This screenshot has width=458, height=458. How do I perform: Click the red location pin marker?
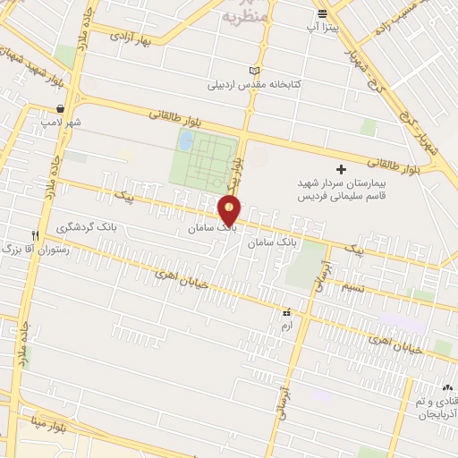coord(230,209)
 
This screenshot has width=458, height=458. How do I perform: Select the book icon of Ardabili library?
coord(255,71)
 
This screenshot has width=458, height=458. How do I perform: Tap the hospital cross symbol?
coord(340,169)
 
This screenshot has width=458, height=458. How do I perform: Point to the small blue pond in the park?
coord(185,140)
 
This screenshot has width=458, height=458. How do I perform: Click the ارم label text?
coord(286,328)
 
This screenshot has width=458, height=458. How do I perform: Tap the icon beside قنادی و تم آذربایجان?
coord(447,387)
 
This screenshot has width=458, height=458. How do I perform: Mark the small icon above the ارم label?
coord(286,313)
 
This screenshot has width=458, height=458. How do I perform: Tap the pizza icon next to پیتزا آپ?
coord(322,13)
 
